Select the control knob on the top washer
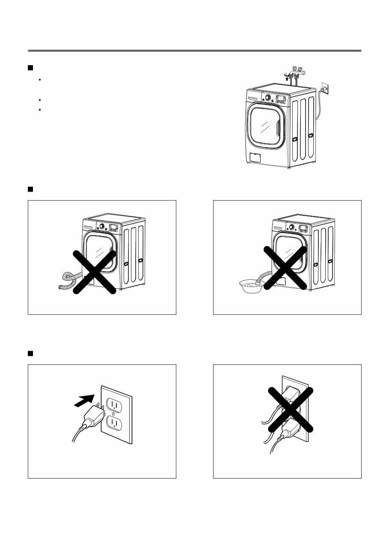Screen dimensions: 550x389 [267, 98]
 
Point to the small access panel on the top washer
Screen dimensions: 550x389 [255, 157]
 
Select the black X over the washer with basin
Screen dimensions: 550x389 [285, 268]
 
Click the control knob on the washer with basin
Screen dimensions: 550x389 [292, 227]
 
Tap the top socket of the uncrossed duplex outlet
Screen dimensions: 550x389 [114, 404]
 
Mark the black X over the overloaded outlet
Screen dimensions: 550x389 [291, 409]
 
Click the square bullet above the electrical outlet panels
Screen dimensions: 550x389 [30, 353]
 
